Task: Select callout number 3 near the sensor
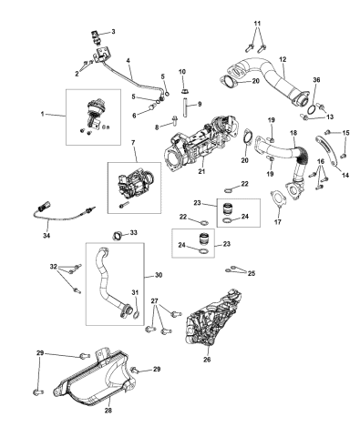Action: tap(113, 32)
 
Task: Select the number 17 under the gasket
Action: tap(278, 221)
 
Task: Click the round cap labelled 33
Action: tap(117, 239)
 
